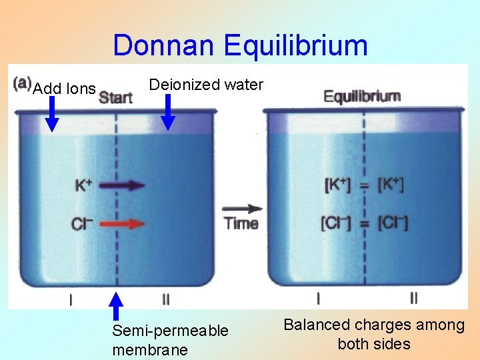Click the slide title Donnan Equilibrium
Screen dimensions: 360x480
(240, 45)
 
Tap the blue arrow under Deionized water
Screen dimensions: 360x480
(168, 111)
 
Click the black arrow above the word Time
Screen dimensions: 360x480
(241, 208)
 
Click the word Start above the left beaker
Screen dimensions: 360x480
(115, 98)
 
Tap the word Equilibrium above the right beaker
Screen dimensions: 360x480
(362, 96)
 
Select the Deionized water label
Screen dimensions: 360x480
(206, 85)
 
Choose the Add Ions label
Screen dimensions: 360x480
(64, 88)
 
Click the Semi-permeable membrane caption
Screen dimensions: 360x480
(170, 340)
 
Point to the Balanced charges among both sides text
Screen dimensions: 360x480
(374, 334)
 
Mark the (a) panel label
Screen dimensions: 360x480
(22, 83)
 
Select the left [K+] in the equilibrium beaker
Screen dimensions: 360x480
(337, 185)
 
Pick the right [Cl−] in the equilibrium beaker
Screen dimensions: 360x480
(392, 223)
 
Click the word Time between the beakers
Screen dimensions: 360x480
(241, 223)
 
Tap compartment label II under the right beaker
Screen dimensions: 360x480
(413, 298)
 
